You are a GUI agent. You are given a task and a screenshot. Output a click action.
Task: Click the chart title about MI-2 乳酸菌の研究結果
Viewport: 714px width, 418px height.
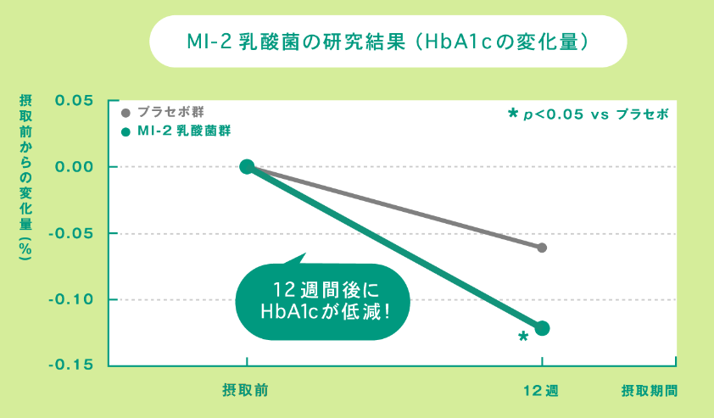click(388, 40)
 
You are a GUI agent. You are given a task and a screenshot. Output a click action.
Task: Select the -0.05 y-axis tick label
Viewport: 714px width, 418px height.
click(70, 233)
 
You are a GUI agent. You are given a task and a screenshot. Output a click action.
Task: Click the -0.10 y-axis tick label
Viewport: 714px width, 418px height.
click(70, 299)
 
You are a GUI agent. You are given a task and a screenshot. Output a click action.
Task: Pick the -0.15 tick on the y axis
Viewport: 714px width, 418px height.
click(70, 365)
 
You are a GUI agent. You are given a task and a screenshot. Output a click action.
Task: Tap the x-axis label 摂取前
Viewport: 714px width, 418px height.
click(246, 391)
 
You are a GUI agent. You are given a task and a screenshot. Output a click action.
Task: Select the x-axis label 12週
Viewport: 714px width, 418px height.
click(540, 391)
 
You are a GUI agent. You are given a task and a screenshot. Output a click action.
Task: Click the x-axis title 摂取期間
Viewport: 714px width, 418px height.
click(650, 391)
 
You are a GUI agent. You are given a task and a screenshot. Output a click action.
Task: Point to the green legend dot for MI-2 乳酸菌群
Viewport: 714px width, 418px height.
click(126, 132)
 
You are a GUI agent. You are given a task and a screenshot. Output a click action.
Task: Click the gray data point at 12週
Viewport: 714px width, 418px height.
click(542, 248)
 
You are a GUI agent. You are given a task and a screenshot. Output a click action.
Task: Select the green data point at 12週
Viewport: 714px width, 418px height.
click(543, 328)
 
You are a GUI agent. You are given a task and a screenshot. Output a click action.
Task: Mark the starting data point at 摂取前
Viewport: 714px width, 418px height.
click(247, 167)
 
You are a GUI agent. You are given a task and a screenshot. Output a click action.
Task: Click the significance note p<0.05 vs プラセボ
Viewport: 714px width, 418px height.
click(588, 114)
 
